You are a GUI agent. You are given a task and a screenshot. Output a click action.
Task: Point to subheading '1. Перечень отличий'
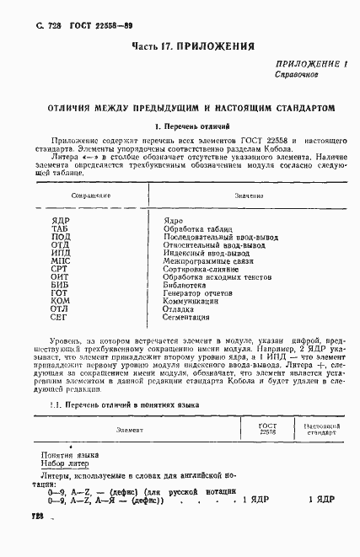coord(180,126)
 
